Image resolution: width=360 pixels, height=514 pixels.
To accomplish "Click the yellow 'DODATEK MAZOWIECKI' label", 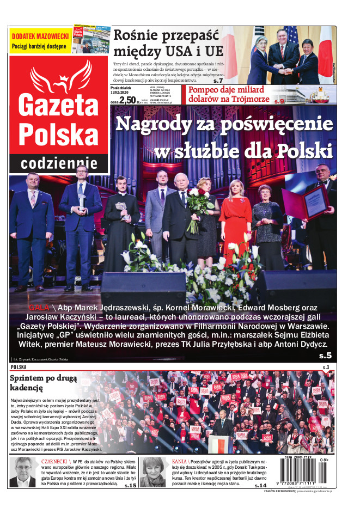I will click(40, 36).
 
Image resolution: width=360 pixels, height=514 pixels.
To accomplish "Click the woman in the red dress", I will click(235, 223).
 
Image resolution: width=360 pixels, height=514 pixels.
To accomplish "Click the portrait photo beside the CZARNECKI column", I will click(22, 472).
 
